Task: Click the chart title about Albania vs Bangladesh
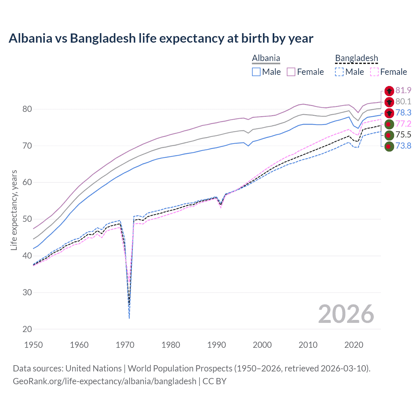tap(161, 38)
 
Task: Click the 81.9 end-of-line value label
tap(403, 90)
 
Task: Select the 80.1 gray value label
tap(403, 101)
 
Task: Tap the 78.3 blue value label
tap(403, 113)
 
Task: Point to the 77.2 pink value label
tap(403, 124)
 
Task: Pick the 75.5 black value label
tap(403, 135)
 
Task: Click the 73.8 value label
tap(403, 146)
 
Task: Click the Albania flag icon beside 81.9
tap(389, 91)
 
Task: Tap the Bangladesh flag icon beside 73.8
tap(389, 146)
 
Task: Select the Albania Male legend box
tap(256, 72)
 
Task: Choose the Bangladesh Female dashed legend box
tap(374, 72)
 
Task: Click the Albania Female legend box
tap(291, 72)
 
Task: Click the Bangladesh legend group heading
tap(356, 58)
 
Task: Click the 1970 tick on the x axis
tap(125, 345)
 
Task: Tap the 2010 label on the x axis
tap(308, 345)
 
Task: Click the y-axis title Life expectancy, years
tap(14, 210)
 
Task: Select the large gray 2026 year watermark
tap(346, 314)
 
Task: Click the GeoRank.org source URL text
tap(105, 381)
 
